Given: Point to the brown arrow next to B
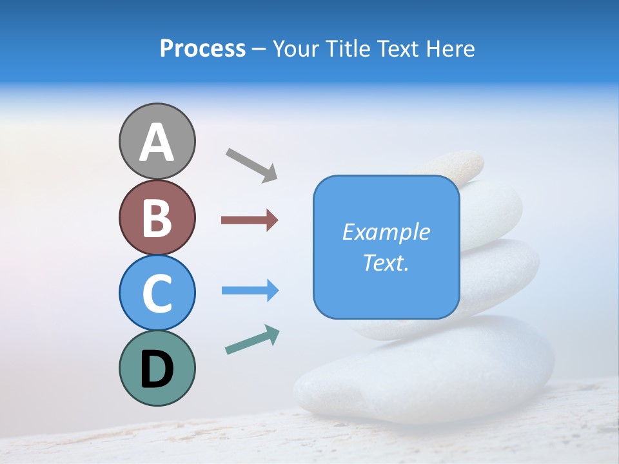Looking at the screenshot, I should click(250, 220).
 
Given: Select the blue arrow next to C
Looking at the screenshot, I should click(250, 291).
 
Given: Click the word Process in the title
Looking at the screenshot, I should click(202, 49).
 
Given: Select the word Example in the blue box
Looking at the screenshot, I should click(386, 232).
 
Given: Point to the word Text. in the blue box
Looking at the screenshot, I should click(386, 262).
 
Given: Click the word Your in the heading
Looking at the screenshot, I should click(295, 49).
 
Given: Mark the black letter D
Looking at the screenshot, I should click(157, 370).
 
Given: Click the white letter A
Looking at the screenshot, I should click(157, 142).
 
